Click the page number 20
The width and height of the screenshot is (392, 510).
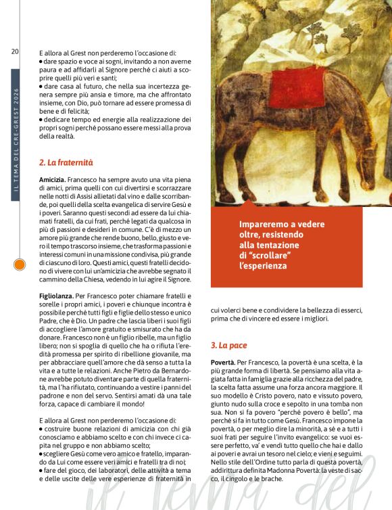(15, 51)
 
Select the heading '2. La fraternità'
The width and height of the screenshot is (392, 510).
(66, 162)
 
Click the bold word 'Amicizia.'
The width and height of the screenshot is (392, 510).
(53, 179)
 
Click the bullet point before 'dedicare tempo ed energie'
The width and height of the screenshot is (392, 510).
(41, 120)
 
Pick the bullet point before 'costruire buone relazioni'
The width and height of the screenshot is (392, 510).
(41, 429)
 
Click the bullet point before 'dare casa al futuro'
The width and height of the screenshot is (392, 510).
(41, 87)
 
